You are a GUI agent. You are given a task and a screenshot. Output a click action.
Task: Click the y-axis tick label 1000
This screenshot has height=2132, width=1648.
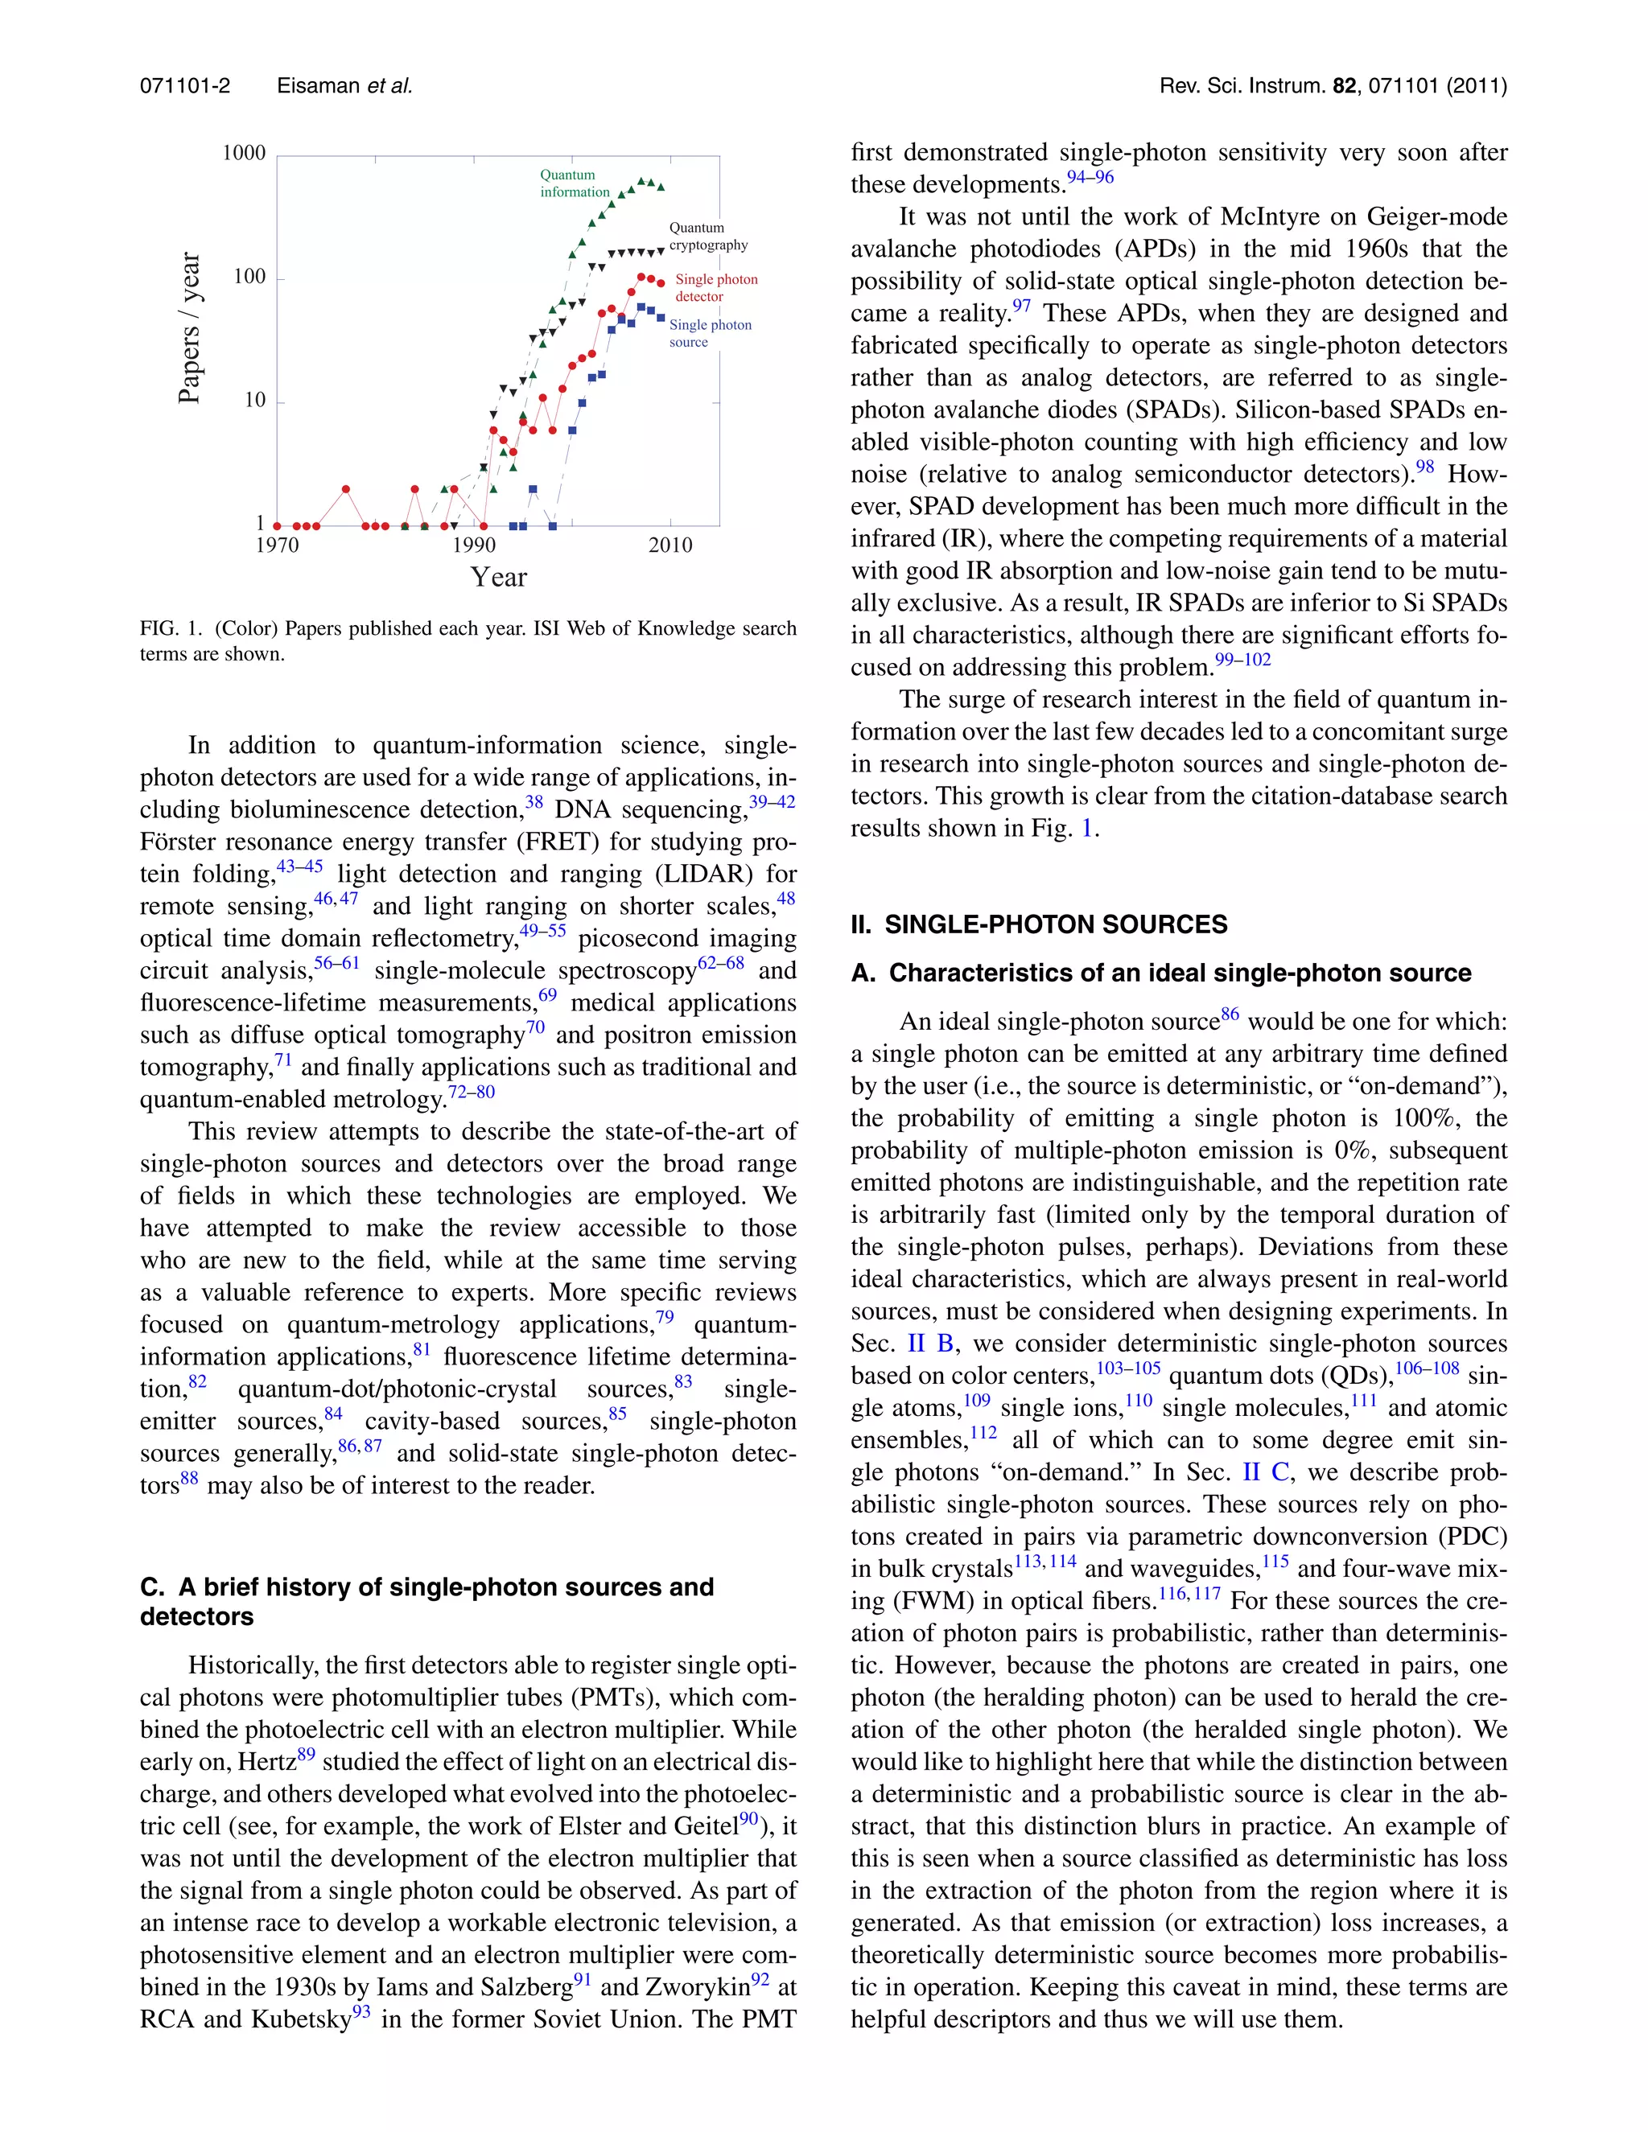(x=243, y=153)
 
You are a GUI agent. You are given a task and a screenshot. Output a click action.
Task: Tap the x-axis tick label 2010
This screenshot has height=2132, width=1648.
(x=671, y=545)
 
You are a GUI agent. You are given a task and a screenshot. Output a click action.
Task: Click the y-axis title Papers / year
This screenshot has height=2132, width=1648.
(x=189, y=328)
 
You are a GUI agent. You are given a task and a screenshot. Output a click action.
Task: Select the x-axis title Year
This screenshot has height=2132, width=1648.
(x=498, y=578)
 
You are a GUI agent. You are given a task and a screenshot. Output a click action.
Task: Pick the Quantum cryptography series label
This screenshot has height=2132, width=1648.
(x=708, y=237)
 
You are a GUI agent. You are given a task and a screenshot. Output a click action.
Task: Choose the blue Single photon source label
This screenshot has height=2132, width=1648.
(x=710, y=333)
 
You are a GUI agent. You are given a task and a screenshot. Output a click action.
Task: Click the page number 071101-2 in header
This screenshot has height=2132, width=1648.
(x=186, y=86)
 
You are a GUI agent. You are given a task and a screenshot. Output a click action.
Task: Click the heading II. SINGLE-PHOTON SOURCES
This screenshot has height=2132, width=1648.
(x=1039, y=924)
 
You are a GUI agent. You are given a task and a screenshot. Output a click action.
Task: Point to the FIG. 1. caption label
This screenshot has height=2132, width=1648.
(x=172, y=628)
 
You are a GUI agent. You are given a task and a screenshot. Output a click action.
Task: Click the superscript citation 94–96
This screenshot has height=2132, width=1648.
(x=1090, y=178)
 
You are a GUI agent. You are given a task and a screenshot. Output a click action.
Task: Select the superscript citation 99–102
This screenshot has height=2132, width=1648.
(x=1242, y=660)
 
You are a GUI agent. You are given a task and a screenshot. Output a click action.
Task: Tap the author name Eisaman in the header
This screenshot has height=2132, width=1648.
(x=319, y=86)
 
